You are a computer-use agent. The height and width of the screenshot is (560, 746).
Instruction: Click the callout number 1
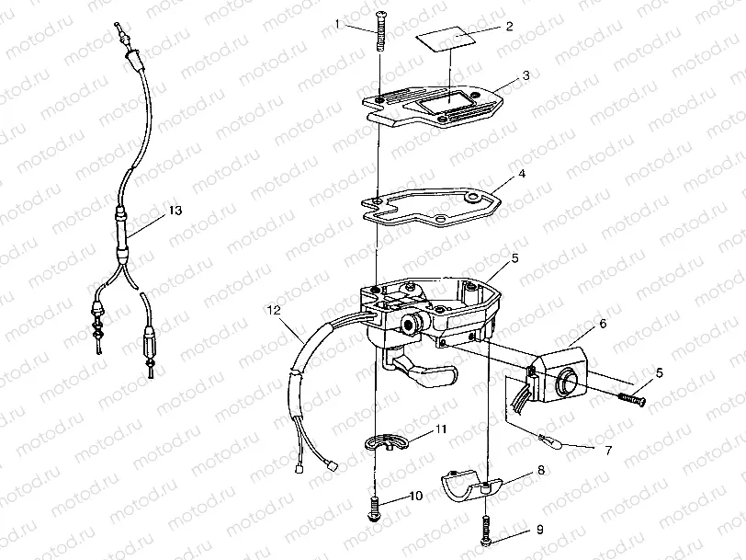point(338,23)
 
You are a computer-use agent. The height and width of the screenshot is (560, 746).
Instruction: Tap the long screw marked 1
point(380,31)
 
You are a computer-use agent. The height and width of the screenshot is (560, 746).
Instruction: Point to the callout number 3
point(526,75)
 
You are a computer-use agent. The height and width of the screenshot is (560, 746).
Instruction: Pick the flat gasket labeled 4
point(432,208)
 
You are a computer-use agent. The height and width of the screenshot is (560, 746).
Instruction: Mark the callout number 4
point(522,174)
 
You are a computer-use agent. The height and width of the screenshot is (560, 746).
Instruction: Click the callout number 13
point(175,210)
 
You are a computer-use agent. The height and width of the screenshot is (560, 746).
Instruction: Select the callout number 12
point(274,311)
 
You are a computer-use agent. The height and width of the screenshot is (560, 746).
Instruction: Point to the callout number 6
point(603,324)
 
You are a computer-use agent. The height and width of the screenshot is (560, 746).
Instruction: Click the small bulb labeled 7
point(552,441)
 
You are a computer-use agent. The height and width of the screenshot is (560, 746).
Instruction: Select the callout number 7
point(608,450)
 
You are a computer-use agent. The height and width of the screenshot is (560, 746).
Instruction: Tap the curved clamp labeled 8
point(469,486)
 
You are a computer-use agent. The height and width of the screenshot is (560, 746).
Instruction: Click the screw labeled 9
point(486,531)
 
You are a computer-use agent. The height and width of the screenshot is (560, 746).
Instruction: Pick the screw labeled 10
point(375,509)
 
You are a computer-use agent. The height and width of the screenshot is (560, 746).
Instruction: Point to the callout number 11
point(441,429)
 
